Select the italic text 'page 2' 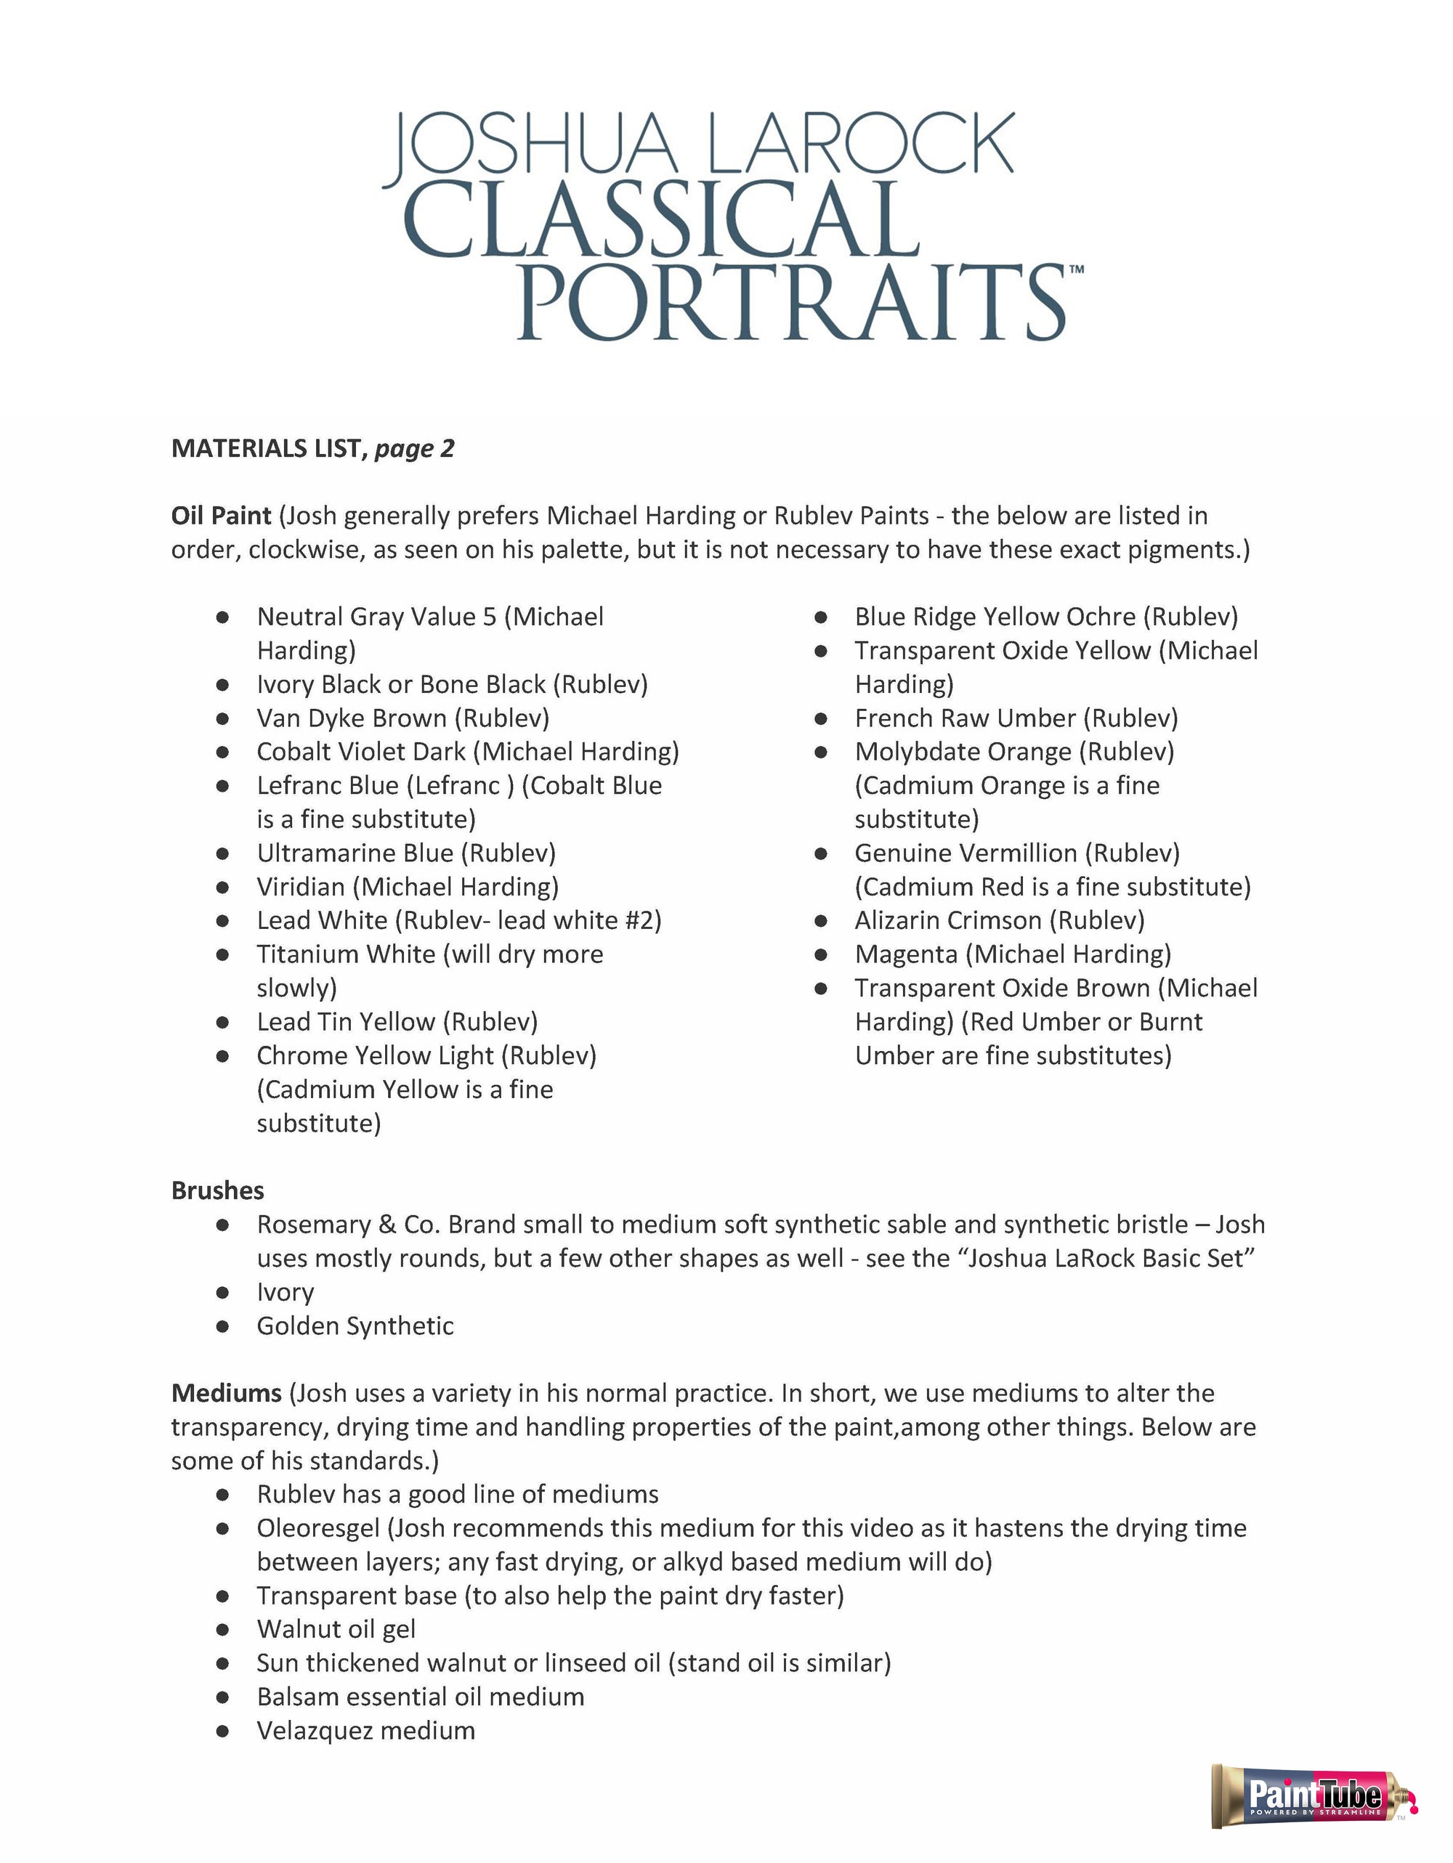415,448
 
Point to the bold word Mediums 226,1393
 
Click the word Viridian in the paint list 301,886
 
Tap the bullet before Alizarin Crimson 821,920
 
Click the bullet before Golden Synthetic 223,1326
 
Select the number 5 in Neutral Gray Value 489,616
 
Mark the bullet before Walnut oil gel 223,1629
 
